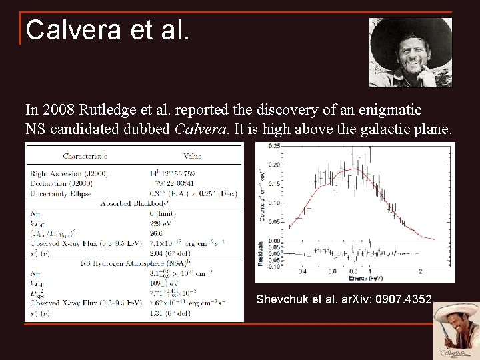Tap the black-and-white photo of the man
coord(410,52)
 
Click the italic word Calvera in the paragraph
coord(200,129)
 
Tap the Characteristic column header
coord(85,157)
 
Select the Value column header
coord(192,157)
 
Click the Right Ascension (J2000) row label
coord(68,173)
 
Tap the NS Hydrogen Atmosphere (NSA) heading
coord(133,264)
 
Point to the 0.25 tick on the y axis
coord(274,145)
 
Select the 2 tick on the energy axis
coord(421,271)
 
